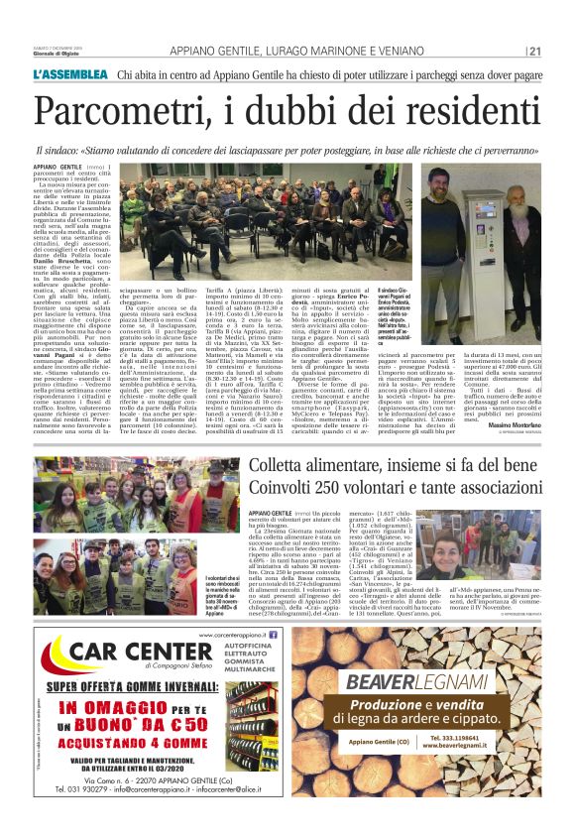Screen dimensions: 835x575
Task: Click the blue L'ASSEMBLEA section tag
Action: tap(70, 75)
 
